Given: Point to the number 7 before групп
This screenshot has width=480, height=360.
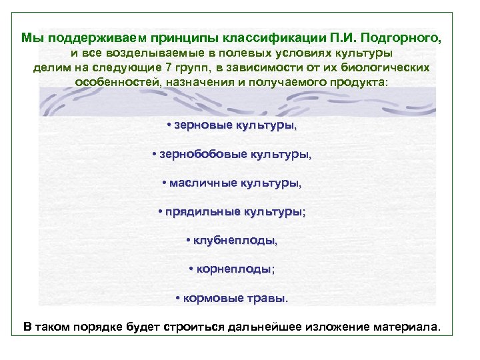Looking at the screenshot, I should pyautogui.click(x=167, y=67).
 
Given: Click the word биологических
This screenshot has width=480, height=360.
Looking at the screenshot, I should pyautogui.click(x=390, y=67).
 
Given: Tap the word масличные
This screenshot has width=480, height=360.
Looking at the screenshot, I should pyautogui.click(x=202, y=182).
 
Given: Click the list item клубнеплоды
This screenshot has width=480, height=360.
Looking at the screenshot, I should pyautogui.click(x=234, y=240).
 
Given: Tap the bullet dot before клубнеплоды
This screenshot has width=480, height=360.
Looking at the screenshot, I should pyautogui.click(x=189, y=240).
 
